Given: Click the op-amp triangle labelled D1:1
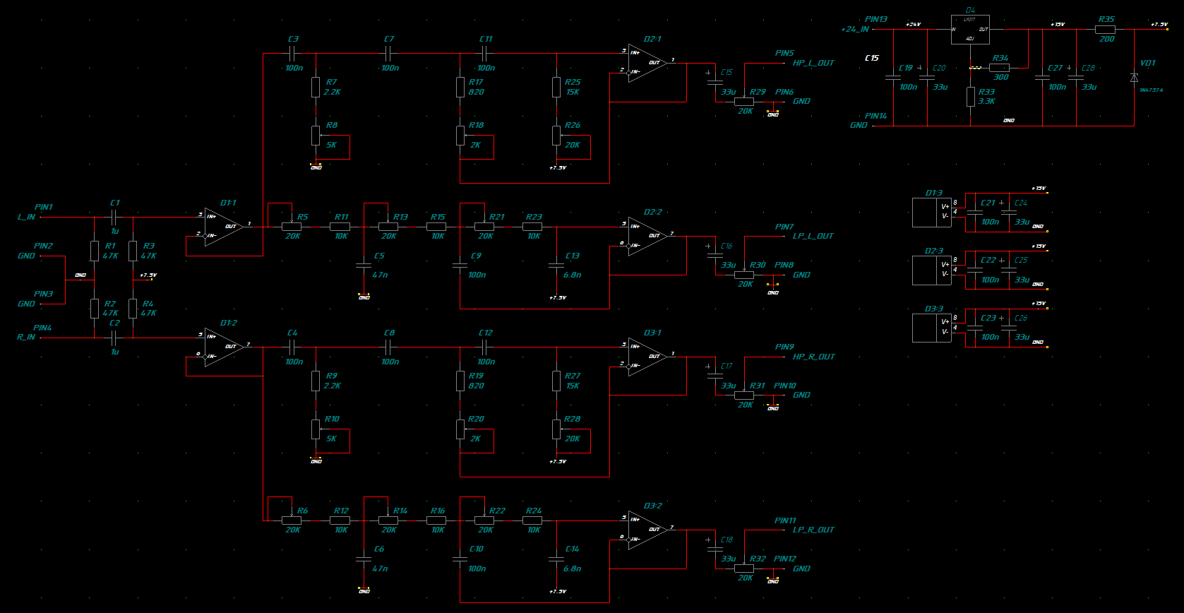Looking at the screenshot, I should (x=223, y=227).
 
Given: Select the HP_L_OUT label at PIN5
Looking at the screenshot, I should (x=813, y=63).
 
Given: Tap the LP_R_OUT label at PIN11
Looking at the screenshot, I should (x=813, y=530).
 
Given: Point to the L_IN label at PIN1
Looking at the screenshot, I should (x=26, y=217).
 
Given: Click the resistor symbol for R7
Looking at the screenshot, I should (x=316, y=87).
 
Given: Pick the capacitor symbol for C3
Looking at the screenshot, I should (x=292, y=53).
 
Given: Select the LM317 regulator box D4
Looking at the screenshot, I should (x=969, y=30).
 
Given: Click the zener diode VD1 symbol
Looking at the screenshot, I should (x=1134, y=78).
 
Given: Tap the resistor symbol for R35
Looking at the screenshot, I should (x=1105, y=30).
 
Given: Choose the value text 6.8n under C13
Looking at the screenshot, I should (x=573, y=275).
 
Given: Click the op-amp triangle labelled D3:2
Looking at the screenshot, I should (x=647, y=530).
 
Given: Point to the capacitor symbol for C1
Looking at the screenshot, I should (x=114, y=217).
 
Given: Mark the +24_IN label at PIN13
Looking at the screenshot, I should (x=855, y=30).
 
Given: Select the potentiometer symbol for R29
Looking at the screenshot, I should (x=744, y=101).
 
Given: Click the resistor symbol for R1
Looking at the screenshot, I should (x=95, y=251).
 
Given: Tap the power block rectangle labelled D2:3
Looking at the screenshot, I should (x=931, y=270).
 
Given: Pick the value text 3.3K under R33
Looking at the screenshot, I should (x=986, y=102).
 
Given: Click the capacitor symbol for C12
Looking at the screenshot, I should (x=484, y=347).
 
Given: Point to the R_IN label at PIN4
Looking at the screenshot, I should (x=26, y=338).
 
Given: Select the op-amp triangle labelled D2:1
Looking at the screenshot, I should (x=647, y=63).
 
